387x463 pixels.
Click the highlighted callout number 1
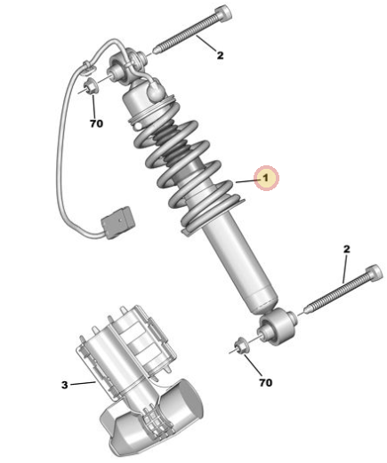coord(266,178)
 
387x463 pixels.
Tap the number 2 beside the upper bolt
coord(220,55)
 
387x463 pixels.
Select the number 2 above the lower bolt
coord(346,249)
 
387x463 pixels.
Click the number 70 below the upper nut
coord(96,124)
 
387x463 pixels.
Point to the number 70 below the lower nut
coord(265,382)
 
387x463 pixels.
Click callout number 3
coord(64,385)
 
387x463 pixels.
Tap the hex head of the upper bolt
coord(222,15)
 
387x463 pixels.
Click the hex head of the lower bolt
coord(375,273)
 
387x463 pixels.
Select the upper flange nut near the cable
coord(89,86)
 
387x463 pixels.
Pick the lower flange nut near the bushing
coord(240,347)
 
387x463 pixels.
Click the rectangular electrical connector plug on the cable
coord(118,222)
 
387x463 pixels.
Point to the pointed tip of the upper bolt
coord(154,52)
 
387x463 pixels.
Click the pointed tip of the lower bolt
coord(306,310)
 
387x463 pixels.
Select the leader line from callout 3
coord(83,383)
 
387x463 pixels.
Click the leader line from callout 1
coord(246,180)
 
